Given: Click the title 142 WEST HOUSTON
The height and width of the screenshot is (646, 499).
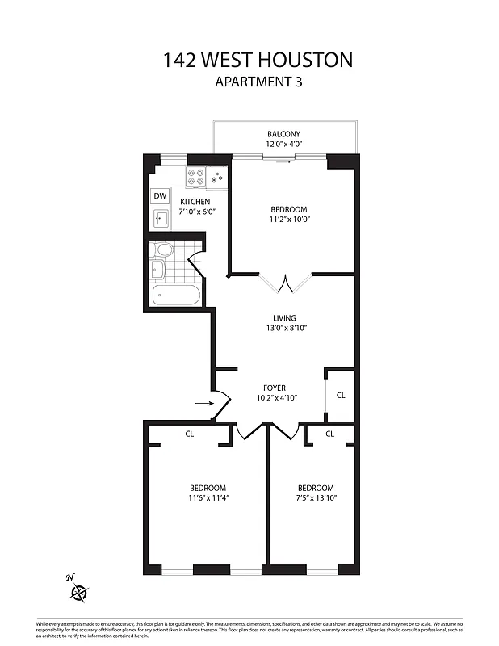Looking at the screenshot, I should point(258,60).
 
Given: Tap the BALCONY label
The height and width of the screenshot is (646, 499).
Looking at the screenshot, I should point(283,134).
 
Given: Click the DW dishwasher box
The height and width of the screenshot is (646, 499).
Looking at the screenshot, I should point(160,196).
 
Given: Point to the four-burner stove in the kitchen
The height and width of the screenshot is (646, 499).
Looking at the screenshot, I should point(195,177).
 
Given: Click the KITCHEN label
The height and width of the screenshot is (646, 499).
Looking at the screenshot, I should point(195,202).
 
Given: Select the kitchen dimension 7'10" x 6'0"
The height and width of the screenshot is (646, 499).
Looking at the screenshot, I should point(197,212).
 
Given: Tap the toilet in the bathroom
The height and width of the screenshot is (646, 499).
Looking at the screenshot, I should point(164,249).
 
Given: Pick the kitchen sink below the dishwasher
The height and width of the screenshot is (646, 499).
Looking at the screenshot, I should point(160,218).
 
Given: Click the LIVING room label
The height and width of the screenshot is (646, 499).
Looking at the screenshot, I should point(284,317).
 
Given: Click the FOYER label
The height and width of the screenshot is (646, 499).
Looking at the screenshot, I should point(275,388).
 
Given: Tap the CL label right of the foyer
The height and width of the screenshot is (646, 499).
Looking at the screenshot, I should point(341,396).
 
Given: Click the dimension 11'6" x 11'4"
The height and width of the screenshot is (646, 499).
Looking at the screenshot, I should point(208,498).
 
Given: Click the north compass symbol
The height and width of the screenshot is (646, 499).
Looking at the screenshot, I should point(78,593).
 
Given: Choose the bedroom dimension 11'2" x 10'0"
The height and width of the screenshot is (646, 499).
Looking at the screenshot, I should point(289,219).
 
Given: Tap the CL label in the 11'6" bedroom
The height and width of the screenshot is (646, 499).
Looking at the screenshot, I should point(190,434).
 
